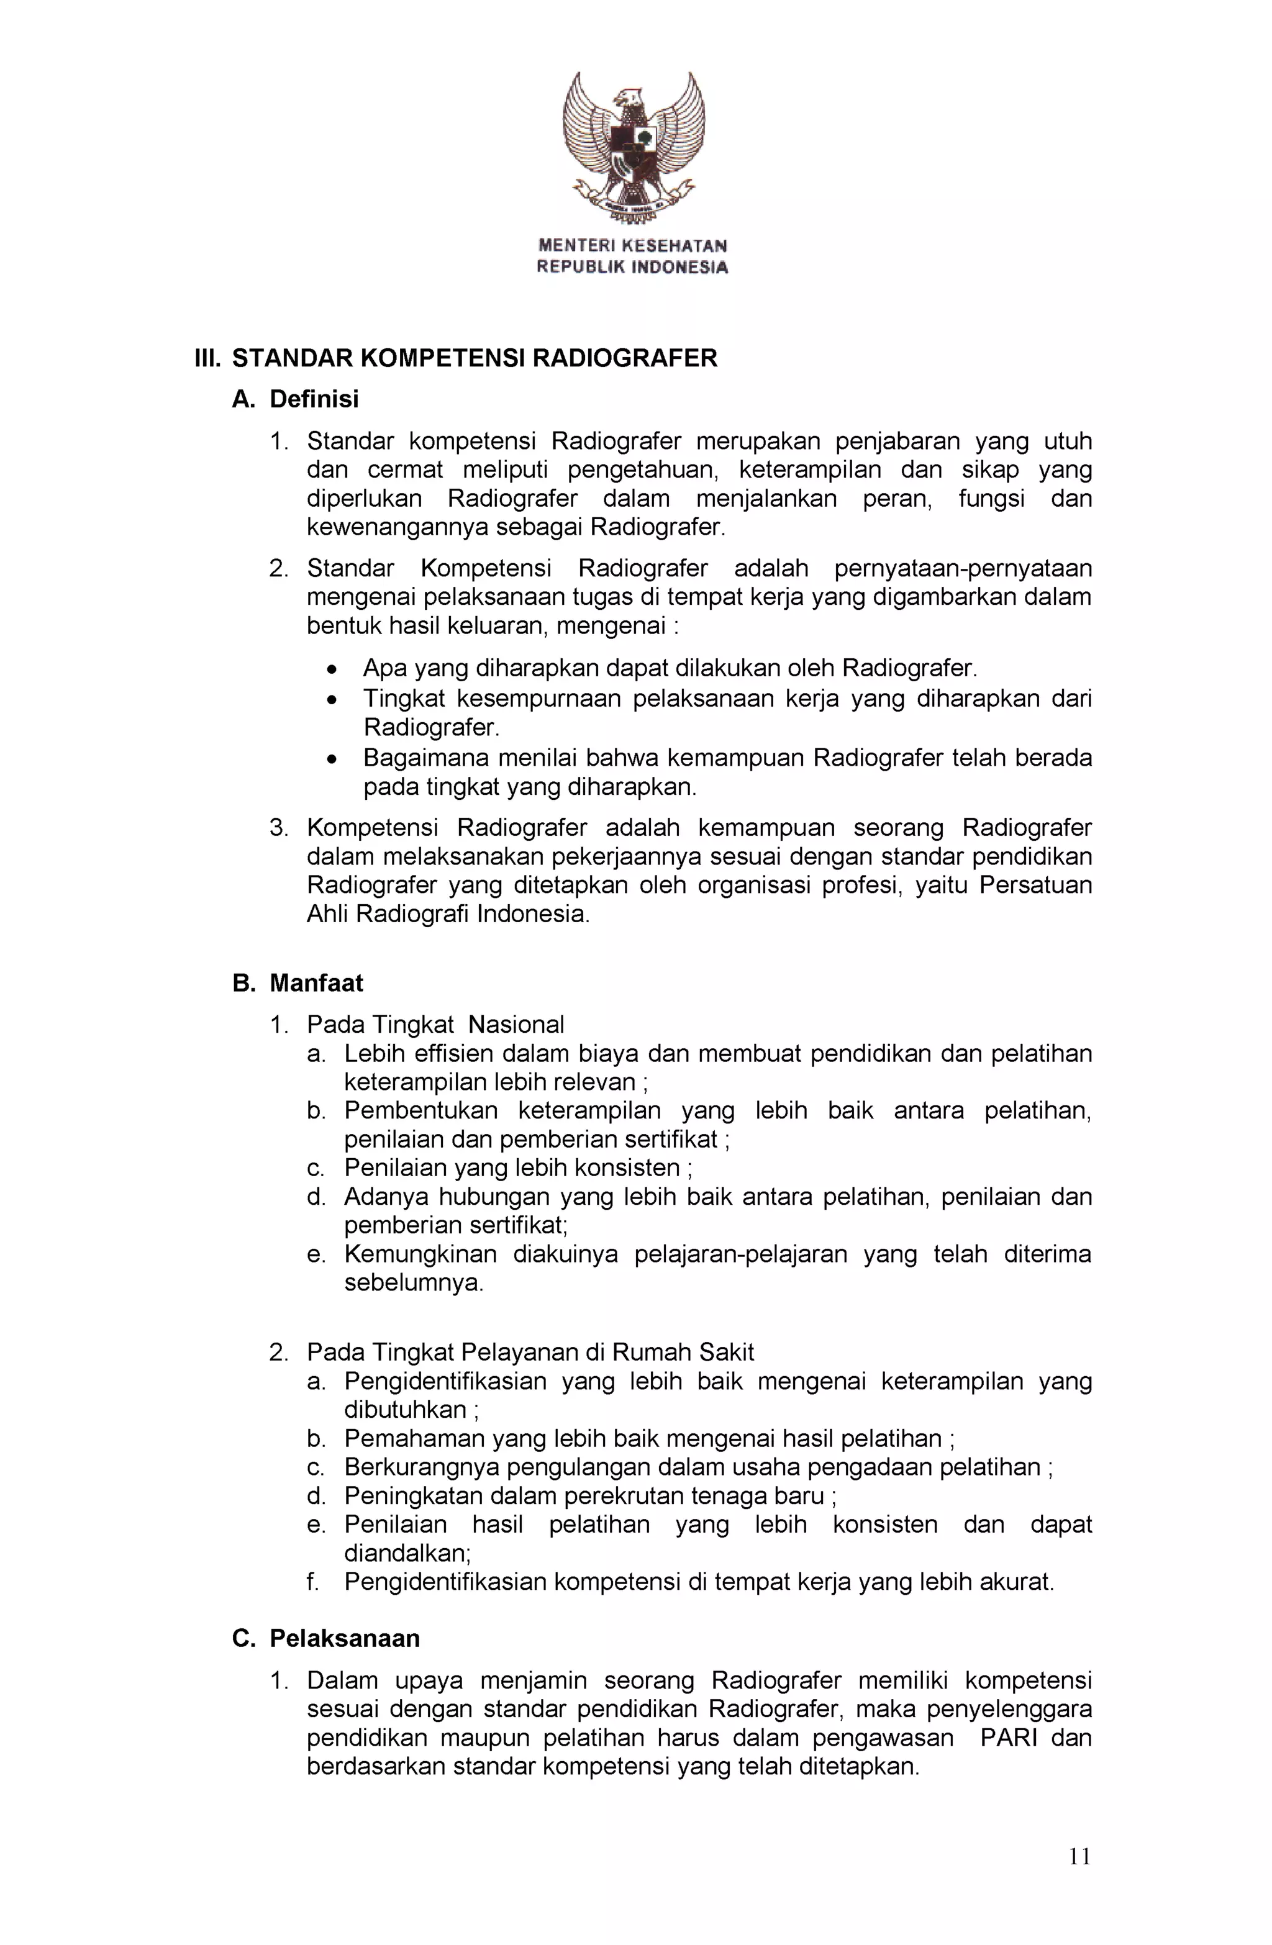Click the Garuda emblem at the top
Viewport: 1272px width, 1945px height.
[x=634, y=147]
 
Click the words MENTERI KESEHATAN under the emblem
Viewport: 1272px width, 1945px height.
[x=632, y=245]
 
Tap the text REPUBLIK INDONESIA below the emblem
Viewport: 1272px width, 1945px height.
[x=632, y=267]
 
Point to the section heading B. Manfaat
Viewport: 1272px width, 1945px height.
[x=298, y=982]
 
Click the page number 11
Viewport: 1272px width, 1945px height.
[x=1079, y=1857]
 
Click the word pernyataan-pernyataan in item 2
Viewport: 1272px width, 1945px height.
[x=962, y=568]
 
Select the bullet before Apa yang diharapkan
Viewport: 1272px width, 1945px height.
[x=331, y=670]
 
